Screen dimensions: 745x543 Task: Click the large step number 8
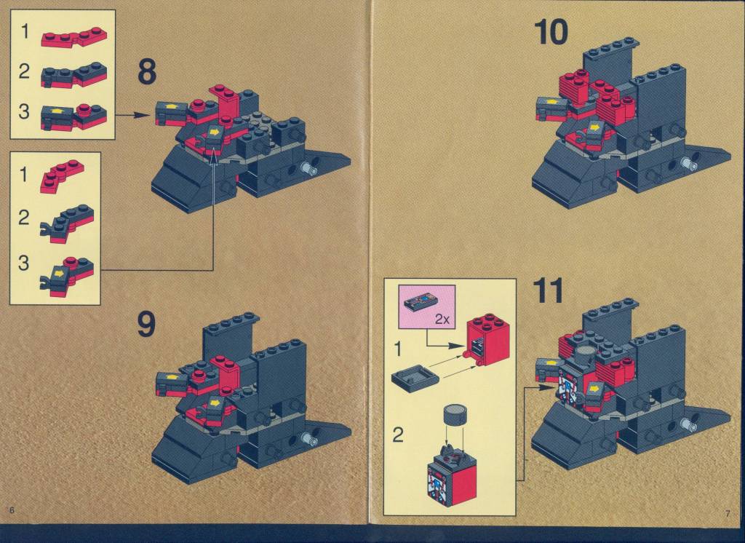(146, 72)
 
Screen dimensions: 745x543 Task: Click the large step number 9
(146, 325)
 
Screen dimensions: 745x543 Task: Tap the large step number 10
(551, 32)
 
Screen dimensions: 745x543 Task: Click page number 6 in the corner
(12, 510)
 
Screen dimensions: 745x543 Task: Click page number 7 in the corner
(728, 513)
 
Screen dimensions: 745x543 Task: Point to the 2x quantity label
(442, 319)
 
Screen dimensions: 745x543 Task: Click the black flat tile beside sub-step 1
(414, 378)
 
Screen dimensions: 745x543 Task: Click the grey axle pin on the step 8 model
(309, 168)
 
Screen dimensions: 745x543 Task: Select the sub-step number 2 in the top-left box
(24, 72)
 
